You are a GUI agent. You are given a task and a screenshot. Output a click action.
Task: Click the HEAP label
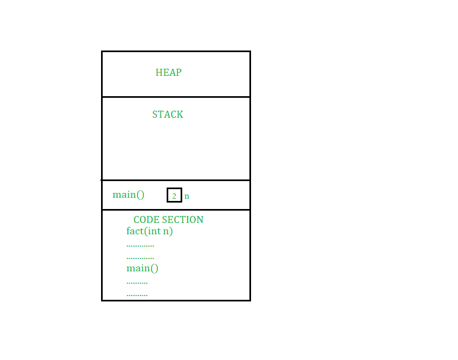click(169, 73)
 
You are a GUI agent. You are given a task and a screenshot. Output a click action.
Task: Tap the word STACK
click(168, 114)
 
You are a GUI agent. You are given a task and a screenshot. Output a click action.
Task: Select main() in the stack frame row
click(128, 195)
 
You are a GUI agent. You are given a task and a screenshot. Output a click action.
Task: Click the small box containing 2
click(174, 195)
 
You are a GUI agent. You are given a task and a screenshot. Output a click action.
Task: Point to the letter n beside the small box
click(187, 196)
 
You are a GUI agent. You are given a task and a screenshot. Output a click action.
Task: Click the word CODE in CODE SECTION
click(146, 220)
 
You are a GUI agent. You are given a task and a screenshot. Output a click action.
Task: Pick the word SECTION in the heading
click(183, 220)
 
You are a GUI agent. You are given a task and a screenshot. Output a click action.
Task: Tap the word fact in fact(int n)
click(135, 231)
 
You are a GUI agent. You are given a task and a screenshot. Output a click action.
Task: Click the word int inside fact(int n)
click(154, 231)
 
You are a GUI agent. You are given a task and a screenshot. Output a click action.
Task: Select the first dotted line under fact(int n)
click(140, 246)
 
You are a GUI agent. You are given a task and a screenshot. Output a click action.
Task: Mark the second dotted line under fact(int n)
click(140, 258)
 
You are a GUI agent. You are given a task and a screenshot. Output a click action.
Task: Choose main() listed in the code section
click(142, 268)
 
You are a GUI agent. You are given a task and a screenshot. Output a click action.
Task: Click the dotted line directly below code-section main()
click(137, 283)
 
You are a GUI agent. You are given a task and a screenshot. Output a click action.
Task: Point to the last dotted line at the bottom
click(137, 296)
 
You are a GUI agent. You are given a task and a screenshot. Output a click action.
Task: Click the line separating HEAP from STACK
click(176, 97)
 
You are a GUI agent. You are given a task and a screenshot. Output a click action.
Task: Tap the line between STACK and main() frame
click(176, 180)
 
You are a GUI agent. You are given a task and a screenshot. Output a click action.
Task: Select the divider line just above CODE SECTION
click(176, 210)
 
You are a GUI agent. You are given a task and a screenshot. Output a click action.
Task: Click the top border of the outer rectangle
click(176, 52)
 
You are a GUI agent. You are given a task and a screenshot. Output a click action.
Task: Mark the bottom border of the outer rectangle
click(176, 300)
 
